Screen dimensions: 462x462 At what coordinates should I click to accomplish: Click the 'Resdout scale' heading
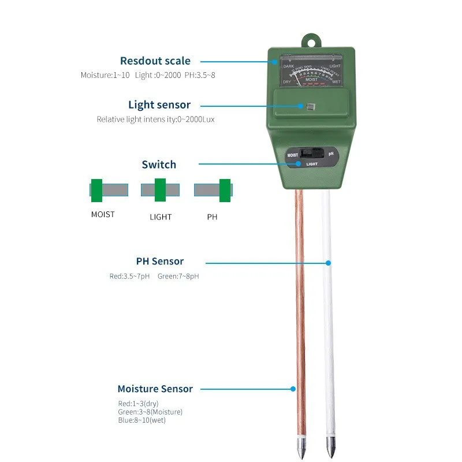pyautogui.click(x=155, y=61)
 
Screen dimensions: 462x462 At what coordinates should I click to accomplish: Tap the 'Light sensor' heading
pyautogui.click(x=159, y=105)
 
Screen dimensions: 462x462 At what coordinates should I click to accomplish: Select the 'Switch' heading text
pyautogui.click(x=159, y=165)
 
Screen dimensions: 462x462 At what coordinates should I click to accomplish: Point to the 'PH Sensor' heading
pyautogui.click(x=159, y=262)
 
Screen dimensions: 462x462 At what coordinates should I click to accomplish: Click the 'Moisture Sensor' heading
pyautogui.click(x=155, y=389)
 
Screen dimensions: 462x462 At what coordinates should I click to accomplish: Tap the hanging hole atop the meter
pyautogui.click(x=312, y=42)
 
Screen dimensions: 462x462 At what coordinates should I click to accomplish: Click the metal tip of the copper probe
pyautogui.click(x=301, y=446)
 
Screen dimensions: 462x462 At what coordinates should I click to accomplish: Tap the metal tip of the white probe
pyautogui.click(x=330, y=446)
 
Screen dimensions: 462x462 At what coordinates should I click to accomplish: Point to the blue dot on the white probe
pyautogui.click(x=328, y=263)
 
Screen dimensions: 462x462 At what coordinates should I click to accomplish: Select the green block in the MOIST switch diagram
pyautogui.click(x=96, y=189)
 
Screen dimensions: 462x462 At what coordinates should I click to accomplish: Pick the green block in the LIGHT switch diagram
pyautogui.click(x=160, y=189)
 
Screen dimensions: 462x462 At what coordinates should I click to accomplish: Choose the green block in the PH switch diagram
pyautogui.click(x=225, y=189)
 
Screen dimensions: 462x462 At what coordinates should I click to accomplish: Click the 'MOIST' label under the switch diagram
pyautogui.click(x=103, y=214)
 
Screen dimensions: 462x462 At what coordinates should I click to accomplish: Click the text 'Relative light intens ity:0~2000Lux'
pyautogui.click(x=156, y=120)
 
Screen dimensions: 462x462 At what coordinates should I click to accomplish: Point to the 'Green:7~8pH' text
pyautogui.click(x=178, y=276)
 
